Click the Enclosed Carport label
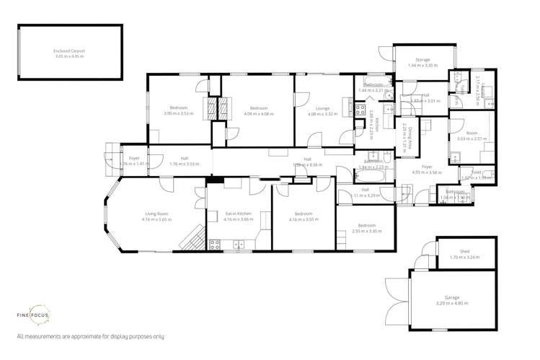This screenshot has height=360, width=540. point(69,51)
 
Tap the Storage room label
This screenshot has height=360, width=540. point(422,60)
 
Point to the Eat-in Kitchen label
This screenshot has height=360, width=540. point(238,214)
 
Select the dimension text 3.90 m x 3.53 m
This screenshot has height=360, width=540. point(179,114)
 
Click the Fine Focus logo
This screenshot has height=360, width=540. point(33,316)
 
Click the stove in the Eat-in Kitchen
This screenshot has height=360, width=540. point(214,244)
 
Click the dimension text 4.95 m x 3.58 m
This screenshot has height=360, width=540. point(427,172)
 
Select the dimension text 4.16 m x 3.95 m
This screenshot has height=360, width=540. point(303,219)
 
